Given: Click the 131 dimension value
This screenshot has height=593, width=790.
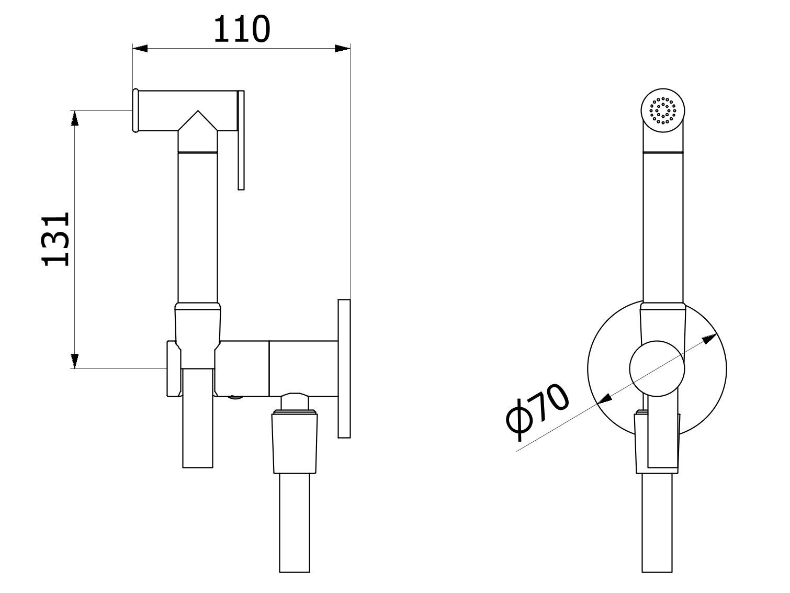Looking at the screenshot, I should point(57,239).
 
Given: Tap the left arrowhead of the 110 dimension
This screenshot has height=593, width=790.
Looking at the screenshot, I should point(140,49).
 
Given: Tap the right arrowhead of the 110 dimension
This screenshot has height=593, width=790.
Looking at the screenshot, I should point(342,49).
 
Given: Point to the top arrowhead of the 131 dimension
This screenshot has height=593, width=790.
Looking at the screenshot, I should point(75,118).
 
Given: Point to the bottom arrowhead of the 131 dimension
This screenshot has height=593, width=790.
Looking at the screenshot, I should point(75,361).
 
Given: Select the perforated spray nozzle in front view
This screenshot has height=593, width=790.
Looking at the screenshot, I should point(663,111).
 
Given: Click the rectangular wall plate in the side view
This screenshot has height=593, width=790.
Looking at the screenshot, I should point(344,368).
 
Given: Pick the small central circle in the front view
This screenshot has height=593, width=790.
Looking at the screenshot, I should point(657,367).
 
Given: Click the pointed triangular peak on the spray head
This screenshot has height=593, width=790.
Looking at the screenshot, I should point(198,119).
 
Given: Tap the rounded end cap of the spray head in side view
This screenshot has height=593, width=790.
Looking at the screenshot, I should point(135,110).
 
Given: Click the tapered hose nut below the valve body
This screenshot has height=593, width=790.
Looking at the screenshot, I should point(295,442).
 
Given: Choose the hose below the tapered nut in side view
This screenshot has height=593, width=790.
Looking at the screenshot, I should point(295,523).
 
